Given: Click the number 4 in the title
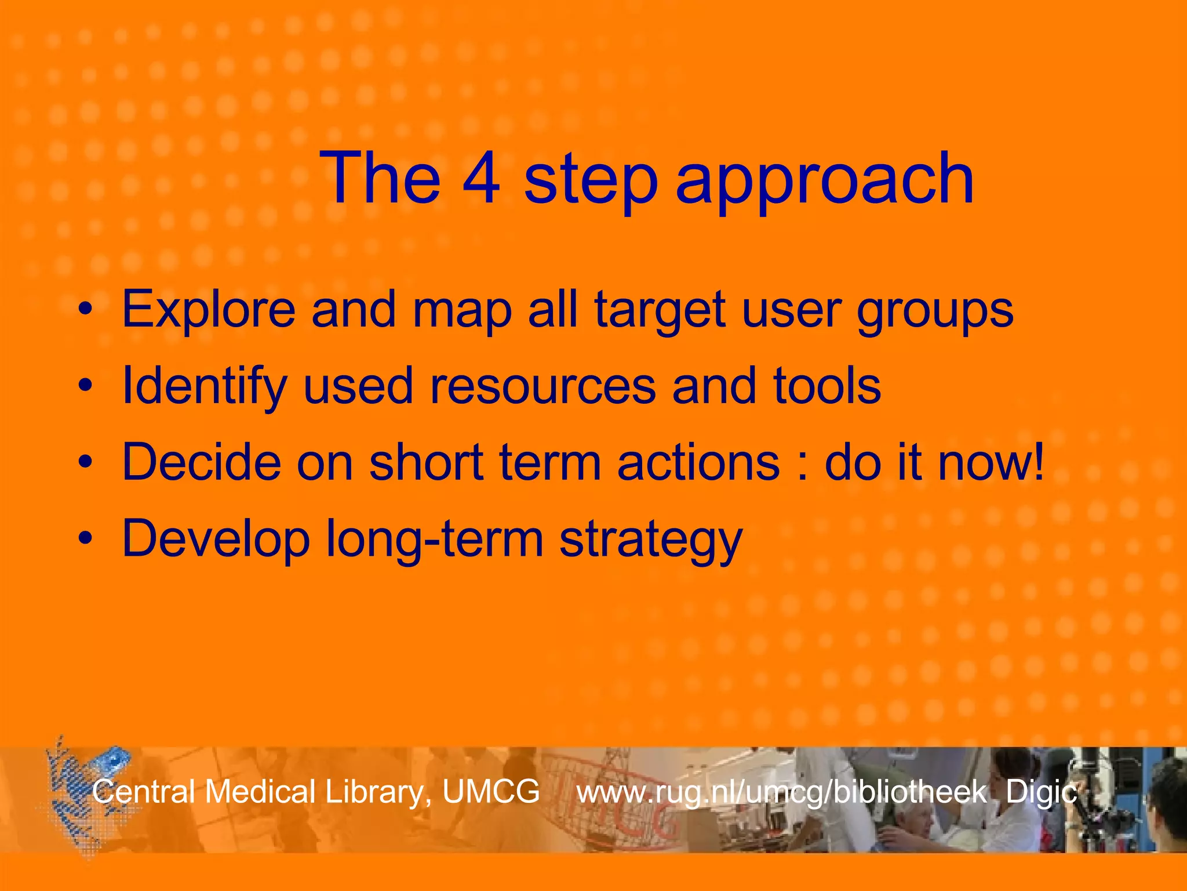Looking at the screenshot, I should (481, 179).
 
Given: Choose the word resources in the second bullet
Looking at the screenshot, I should (542, 387).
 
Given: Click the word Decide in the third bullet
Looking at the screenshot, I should (202, 462).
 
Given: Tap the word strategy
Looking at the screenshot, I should (650, 541).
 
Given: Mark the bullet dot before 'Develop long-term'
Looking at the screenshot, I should (86, 538).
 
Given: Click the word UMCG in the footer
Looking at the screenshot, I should (491, 792).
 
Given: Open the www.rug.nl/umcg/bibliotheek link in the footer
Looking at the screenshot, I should (781, 793).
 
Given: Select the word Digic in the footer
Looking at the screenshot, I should (1041, 792).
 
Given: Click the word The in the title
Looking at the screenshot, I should (380, 179).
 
